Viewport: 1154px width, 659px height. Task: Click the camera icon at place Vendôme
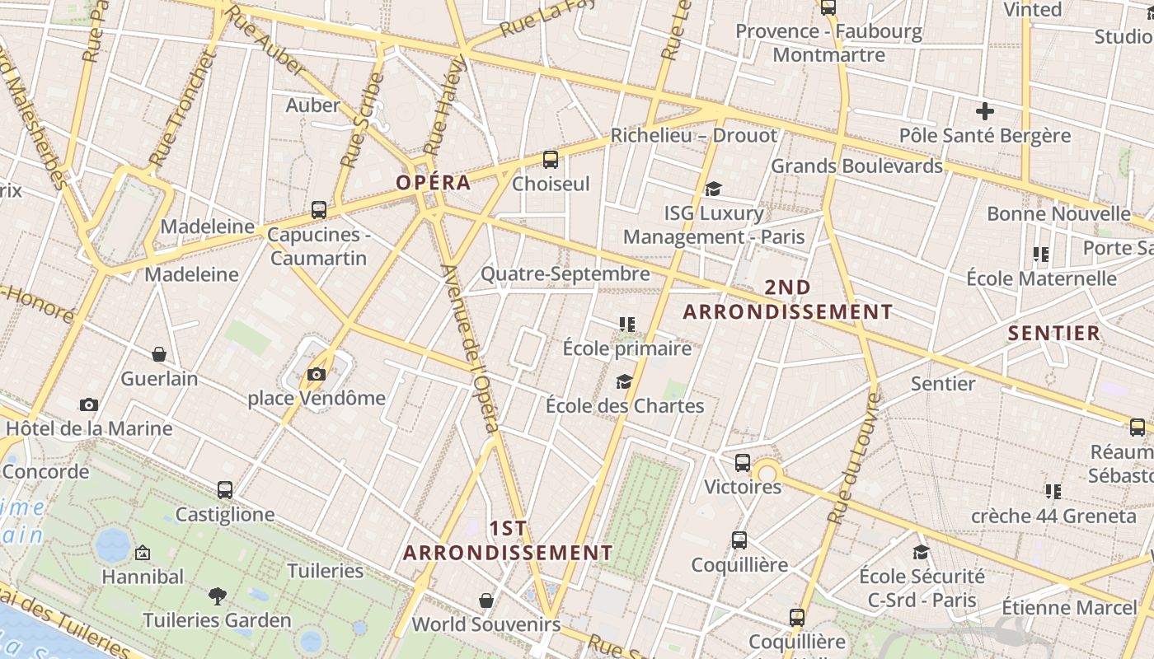[316, 375]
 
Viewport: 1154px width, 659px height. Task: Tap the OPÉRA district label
[433, 183]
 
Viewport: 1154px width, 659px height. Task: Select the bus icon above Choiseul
[551, 160]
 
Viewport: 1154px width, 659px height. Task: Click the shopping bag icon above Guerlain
[159, 354]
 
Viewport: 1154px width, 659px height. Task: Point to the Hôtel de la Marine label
[89, 428]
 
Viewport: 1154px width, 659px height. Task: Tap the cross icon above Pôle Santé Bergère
[984, 111]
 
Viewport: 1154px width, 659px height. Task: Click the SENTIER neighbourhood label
[1054, 333]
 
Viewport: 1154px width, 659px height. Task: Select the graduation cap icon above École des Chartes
[624, 381]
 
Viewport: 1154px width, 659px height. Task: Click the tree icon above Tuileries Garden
[218, 596]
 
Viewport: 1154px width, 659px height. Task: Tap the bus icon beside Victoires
[743, 463]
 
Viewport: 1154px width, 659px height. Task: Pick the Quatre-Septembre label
[565, 273]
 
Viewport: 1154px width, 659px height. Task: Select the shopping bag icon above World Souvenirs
[486, 600]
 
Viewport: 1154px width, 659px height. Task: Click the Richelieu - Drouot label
[693, 135]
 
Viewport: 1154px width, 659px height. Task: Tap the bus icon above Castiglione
[225, 490]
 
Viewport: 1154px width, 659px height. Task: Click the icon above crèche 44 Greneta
[1053, 492]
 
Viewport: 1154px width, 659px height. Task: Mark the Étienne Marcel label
[1068, 608]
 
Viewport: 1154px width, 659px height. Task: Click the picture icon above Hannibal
[143, 552]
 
